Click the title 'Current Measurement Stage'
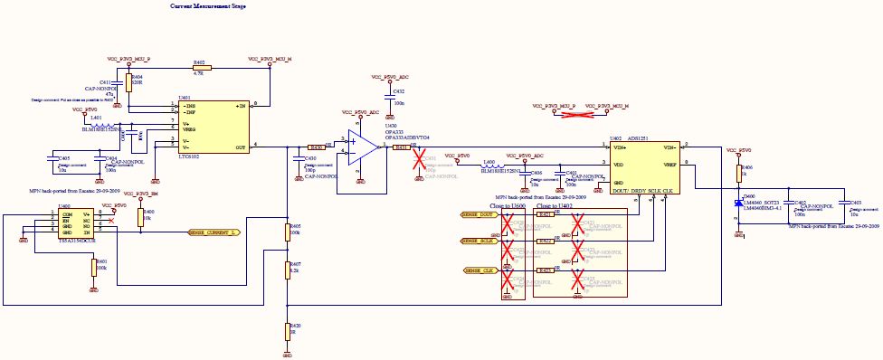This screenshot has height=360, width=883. click(208, 6)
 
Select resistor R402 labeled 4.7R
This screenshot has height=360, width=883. click(201, 68)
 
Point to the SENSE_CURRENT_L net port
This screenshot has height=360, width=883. click(214, 232)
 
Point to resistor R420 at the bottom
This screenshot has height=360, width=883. click(287, 332)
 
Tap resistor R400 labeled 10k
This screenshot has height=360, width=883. click(141, 218)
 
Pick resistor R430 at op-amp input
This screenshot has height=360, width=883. click(316, 146)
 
